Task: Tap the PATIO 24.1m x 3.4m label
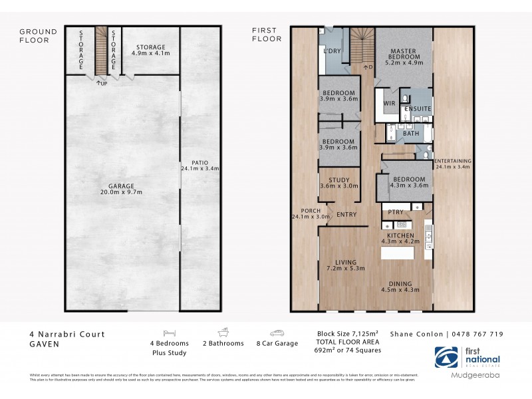click(199, 165)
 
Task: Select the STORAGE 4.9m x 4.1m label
click(150, 51)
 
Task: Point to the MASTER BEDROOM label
click(404, 55)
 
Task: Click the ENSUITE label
click(418, 108)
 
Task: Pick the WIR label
click(390, 104)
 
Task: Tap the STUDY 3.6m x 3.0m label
click(338, 183)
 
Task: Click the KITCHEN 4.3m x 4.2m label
click(401, 239)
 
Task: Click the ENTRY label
click(346, 215)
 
